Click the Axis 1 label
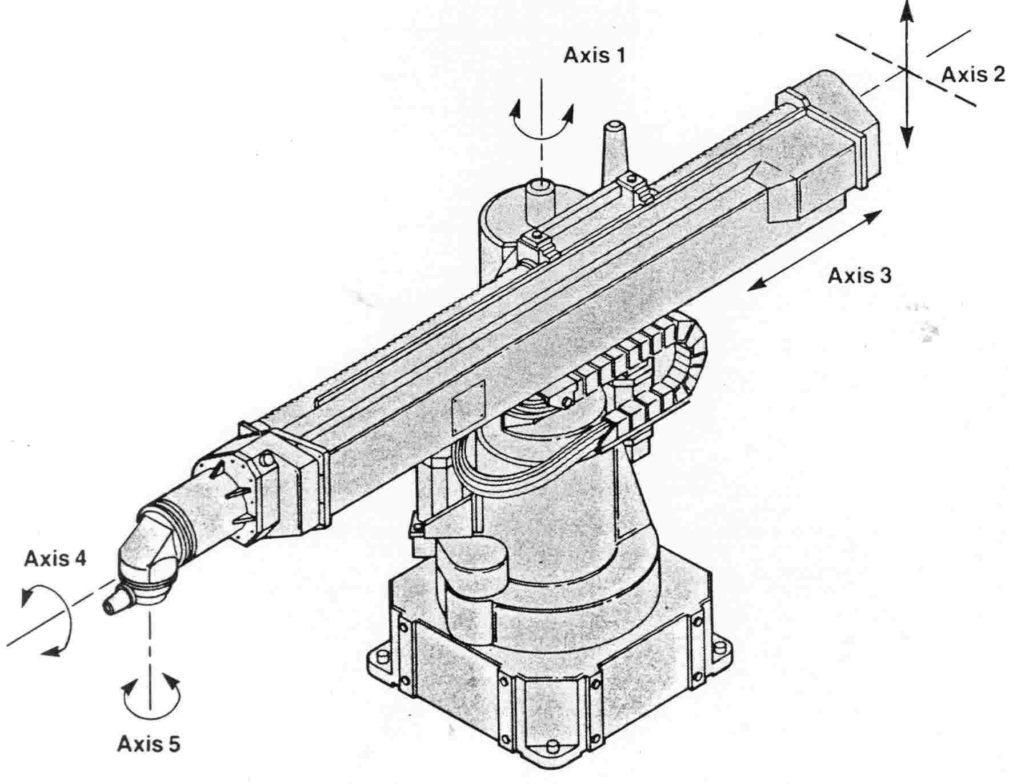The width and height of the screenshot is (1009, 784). tap(594, 56)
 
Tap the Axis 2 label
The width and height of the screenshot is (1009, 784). tap(972, 74)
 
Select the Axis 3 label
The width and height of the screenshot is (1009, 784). tap(859, 276)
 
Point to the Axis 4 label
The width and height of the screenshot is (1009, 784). tap(55, 558)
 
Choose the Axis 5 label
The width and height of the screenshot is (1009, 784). tap(149, 744)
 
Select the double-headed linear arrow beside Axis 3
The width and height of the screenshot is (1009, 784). tap(814, 250)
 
